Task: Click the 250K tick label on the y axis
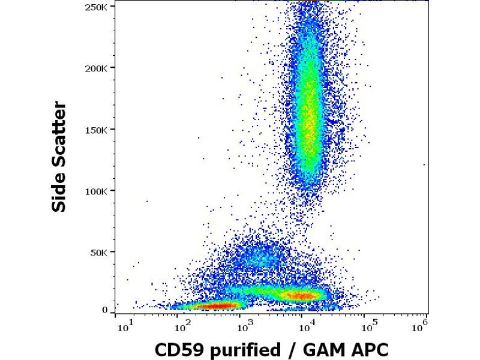(98, 7)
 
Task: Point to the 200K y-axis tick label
(98, 68)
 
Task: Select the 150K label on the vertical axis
(98, 130)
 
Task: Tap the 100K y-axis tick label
(98, 191)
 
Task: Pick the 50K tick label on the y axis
(100, 253)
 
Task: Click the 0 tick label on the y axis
(105, 310)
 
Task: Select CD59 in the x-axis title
(176, 349)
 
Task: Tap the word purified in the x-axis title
(242, 349)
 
